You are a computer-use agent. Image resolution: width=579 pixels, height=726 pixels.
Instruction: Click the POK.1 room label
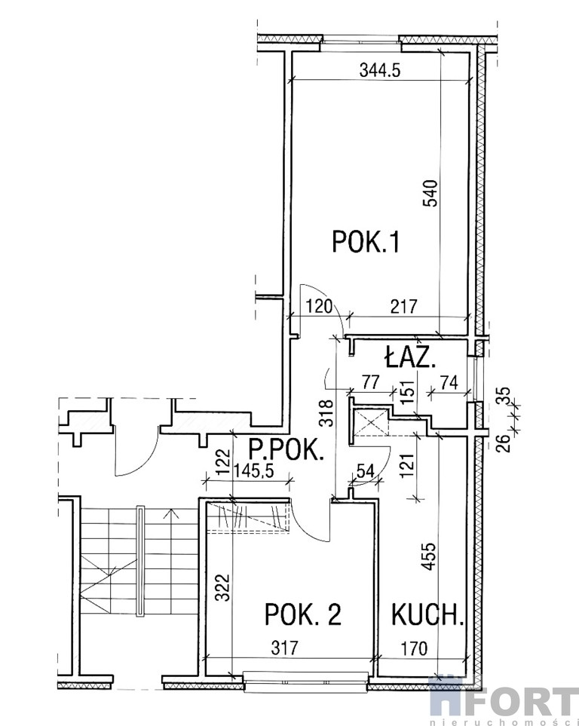tap(366, 242)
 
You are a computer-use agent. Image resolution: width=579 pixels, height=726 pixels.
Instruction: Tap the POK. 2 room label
tap(303, 614)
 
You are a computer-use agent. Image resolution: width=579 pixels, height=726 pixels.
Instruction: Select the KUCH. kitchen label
tap(427, 614)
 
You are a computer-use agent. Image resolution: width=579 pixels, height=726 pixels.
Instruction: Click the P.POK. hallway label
tap(285, 449)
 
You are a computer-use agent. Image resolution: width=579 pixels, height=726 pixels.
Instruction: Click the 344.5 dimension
tap(380, 70)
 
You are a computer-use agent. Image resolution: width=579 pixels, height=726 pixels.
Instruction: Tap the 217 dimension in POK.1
tap(403, 306)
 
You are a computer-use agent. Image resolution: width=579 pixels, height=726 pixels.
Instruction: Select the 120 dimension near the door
tap(319, 306)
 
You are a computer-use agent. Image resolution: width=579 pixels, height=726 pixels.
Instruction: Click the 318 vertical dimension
tap(326, 413)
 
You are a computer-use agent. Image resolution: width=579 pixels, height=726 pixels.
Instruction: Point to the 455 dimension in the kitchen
tap(430, 556)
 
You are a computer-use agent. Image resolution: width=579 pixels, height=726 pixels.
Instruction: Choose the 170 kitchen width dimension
tap(414, 648)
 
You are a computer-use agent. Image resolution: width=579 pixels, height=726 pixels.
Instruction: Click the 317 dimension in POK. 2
tap(284, 647)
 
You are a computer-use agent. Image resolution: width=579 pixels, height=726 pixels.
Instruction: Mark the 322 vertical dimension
tap(223, 587)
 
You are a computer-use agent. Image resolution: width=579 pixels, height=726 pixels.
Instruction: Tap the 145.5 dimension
tap(254, 471)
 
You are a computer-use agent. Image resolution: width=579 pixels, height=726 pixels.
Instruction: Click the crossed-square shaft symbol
tap(369, 422)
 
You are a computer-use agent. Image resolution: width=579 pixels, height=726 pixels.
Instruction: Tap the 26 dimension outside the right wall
tap(505, 443)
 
